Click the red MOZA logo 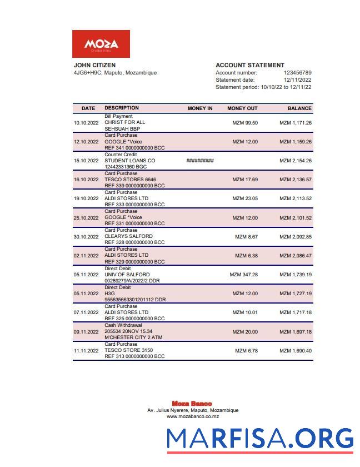click(x=101, y=44)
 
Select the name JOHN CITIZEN click(x=94, y=65)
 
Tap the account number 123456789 click(x=297, y=73)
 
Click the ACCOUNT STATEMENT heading click(x=249, y=65)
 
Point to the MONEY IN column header click(x=200, y=108)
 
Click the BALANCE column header click(x=299, y=108)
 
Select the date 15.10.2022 click(x=86, y=161)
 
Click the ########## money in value click(x=200, y=161)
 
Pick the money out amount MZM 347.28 click(x=243, y=275)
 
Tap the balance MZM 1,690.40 click(x=295, y=351)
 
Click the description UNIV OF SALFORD click(x=127, y=275)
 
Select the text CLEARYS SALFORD click(x=128, y=237)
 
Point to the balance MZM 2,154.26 click(x=295, y=161)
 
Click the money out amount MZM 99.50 click(x=244, y=123)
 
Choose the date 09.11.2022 click(x=86, y=332)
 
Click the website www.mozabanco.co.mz click(x=193, y=416)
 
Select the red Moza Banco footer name click(x=192, y=404)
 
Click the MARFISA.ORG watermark click(x=260, y=439)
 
